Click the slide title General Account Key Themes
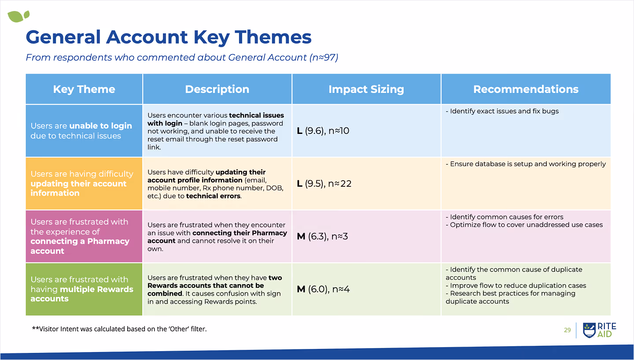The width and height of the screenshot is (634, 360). coord(169,37)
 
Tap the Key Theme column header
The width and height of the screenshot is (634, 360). coord(84,89)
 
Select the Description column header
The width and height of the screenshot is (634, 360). coord(217,89)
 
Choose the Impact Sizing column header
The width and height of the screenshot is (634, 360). coord(366,89)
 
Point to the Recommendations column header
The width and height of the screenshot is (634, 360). coord(526,89)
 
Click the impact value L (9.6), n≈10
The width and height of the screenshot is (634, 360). coord(323,131)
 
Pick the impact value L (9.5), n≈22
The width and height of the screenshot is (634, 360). coord(324,184)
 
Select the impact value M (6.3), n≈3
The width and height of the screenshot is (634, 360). coord(322,237)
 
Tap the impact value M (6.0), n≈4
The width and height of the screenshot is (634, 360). coord(323,289)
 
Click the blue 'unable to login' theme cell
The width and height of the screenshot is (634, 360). coord(84,131)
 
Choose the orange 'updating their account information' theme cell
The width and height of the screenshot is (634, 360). coord(84,183)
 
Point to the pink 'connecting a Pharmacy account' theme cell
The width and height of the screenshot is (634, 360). coord(84,236)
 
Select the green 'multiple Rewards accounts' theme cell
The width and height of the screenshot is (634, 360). coord(84,289)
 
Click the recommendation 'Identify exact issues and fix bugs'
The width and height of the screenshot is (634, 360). coord(502,111)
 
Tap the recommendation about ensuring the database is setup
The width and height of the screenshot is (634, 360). coord(526,164)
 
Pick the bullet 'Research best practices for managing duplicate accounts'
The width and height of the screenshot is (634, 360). coord(511,297)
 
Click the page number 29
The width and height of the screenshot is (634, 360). coord(567,330)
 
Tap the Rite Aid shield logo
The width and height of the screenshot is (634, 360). coord(589,330)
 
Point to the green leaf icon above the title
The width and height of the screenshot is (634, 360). coord(18,17)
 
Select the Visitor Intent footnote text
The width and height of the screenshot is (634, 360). coord(119,329)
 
